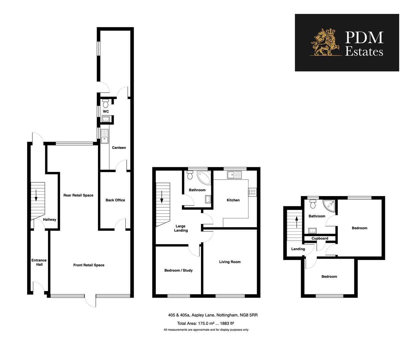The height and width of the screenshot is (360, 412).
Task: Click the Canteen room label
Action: (x=119, y=148)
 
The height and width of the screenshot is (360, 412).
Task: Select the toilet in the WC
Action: (x=106, y=101)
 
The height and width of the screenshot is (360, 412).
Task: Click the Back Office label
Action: (x=115, y=200)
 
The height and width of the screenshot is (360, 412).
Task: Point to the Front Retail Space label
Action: (x=89, y=265)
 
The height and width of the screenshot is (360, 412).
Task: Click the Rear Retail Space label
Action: (x=78, y=195)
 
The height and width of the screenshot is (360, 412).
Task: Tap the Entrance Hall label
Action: (x=39, y=262)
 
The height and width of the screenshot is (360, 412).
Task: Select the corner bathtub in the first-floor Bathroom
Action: (x=203, y=177)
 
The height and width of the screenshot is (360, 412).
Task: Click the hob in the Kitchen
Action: (x=252, y=192)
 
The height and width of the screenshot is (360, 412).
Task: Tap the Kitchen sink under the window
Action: (x=234, y=174)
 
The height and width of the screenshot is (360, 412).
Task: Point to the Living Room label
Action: (x=230, y=262)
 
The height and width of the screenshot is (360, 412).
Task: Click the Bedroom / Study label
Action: (x=178, y=270)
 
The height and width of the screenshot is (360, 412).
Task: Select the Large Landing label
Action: (x=181, y=228)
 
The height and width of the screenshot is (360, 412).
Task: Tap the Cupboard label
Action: (x=320, y=238)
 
